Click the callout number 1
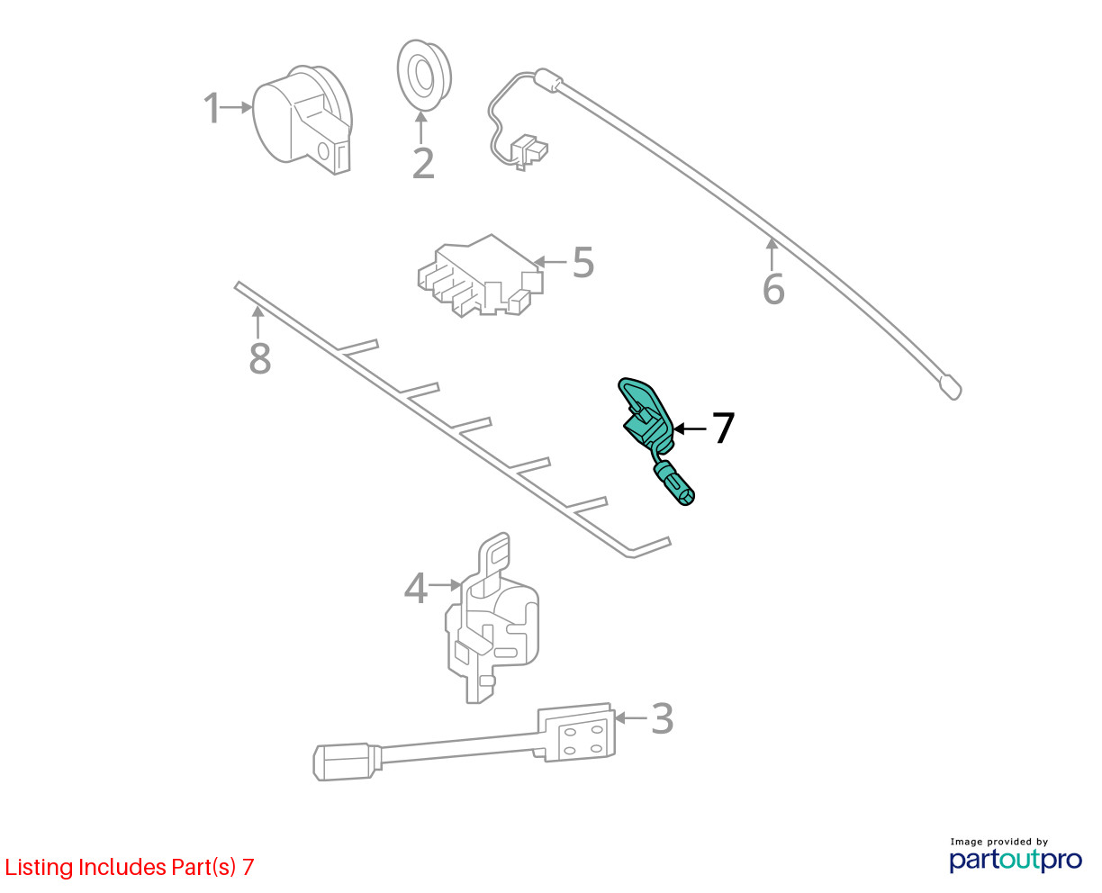pos(212,108)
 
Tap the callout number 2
pos(422,163)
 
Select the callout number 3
pos(662,717)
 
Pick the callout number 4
pos(415,588)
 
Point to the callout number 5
pos(583,262)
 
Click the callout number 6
pos(773,289)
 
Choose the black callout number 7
pos(723,428)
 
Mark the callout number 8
pos(259,357)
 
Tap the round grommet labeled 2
pos(424,75)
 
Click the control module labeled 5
pos(480,275)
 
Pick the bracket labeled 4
pos(492,618)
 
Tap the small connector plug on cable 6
pos(528,151)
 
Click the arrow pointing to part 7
pos(691,428)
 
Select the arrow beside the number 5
pos(549,262)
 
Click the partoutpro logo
pos(1015,856)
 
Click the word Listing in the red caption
pos(40,868)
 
